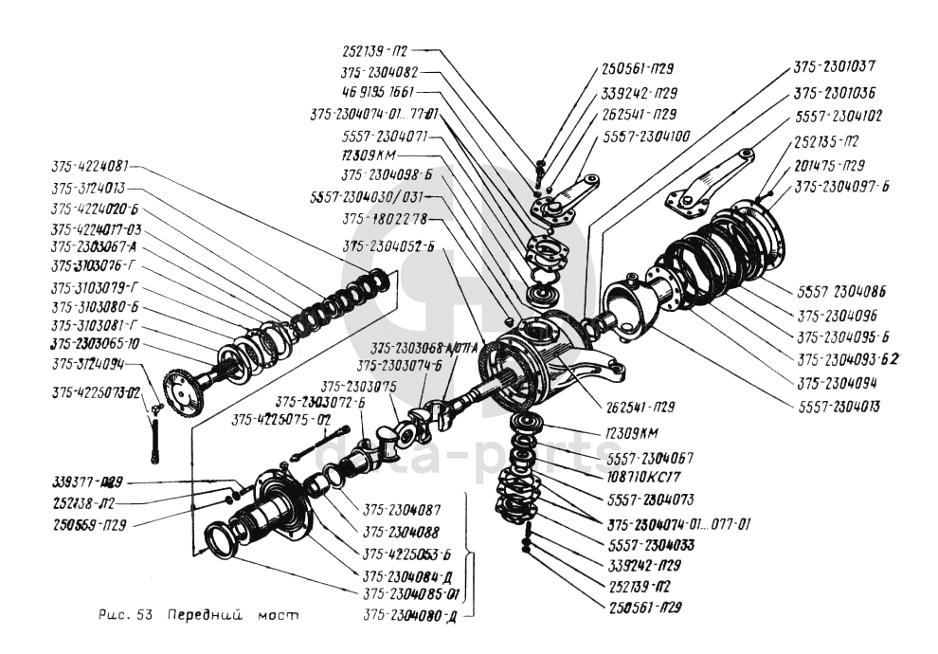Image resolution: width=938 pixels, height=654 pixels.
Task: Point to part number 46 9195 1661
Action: pyautogui.click(x=377, y=93)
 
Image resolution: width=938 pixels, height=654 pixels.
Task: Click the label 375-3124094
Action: pyautogui.click(x=88, y=363)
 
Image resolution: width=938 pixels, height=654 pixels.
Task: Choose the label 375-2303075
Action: pyautogui.click(x=357, y=386)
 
